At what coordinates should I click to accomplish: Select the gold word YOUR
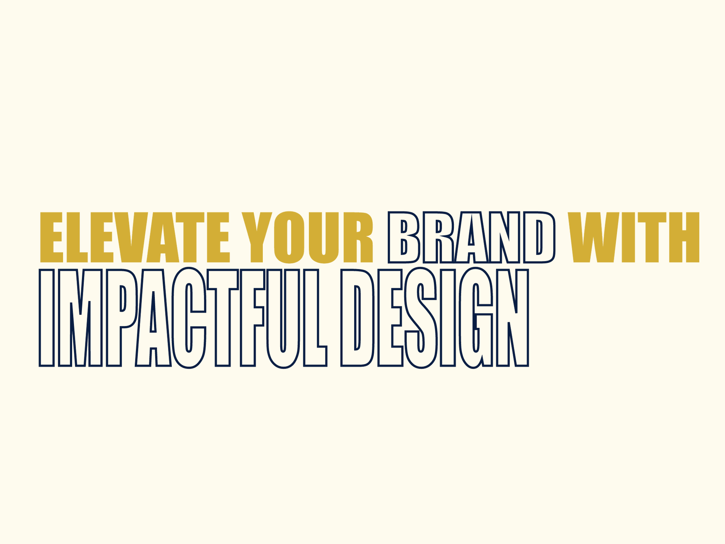307,237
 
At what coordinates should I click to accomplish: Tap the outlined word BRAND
472,237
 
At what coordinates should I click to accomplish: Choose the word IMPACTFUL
183,318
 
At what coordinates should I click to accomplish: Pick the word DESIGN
435,318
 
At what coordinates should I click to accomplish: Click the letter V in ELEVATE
131,237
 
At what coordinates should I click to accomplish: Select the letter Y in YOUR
257,237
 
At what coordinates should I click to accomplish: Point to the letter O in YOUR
289,237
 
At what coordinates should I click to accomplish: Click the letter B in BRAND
404,237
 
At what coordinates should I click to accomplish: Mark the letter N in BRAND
505,237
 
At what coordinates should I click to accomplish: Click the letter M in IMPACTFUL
80,318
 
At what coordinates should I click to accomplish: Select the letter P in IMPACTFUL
122,318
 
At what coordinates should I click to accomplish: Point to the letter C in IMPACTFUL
189,318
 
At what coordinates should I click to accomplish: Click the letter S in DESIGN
421,318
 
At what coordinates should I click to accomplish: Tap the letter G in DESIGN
476,318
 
